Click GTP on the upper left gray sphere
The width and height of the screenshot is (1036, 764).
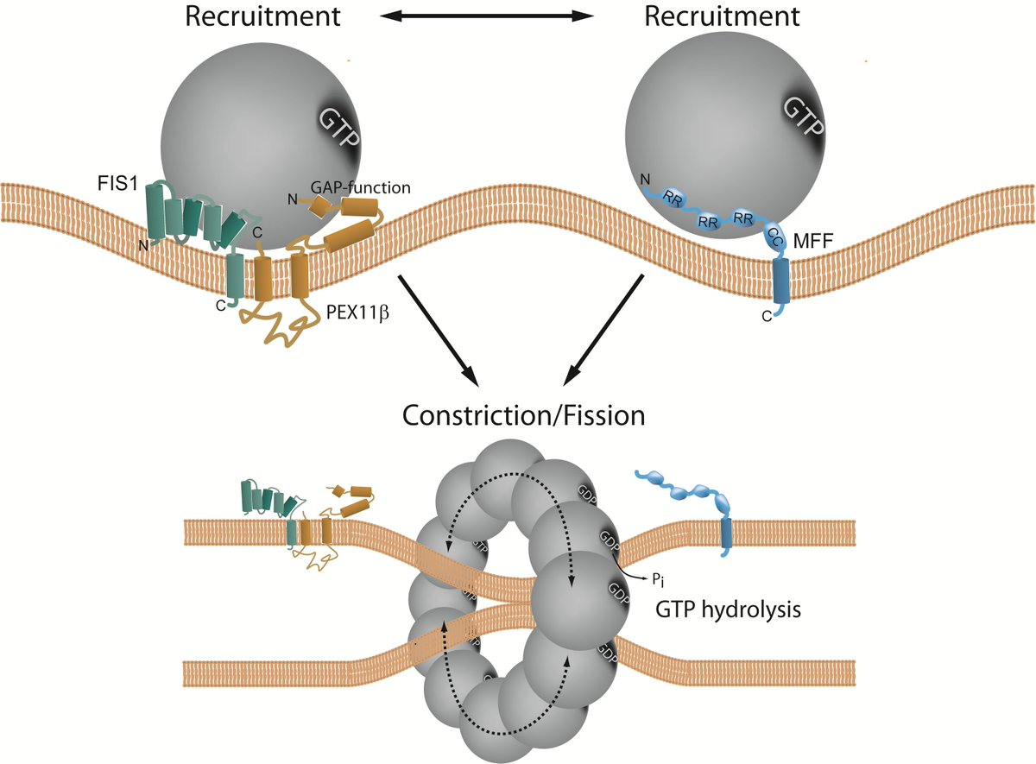340,128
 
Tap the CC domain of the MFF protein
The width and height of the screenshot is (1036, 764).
774,243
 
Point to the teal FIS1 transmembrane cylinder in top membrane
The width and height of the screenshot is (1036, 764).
234,276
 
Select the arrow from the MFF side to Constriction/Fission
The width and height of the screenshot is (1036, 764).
603,329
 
